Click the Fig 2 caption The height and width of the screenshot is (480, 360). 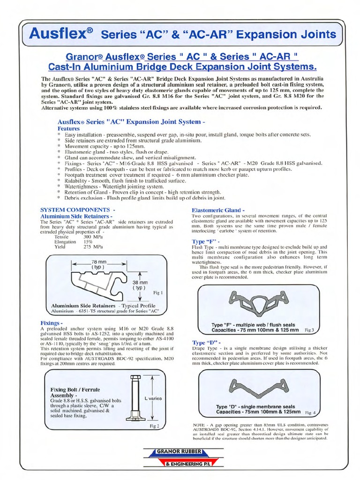(155, 426)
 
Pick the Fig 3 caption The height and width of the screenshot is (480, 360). (309, 330)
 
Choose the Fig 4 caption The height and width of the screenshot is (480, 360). (310, 413)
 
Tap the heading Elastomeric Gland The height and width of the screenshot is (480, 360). (217, 210)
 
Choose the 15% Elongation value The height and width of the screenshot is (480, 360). (89, 242)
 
